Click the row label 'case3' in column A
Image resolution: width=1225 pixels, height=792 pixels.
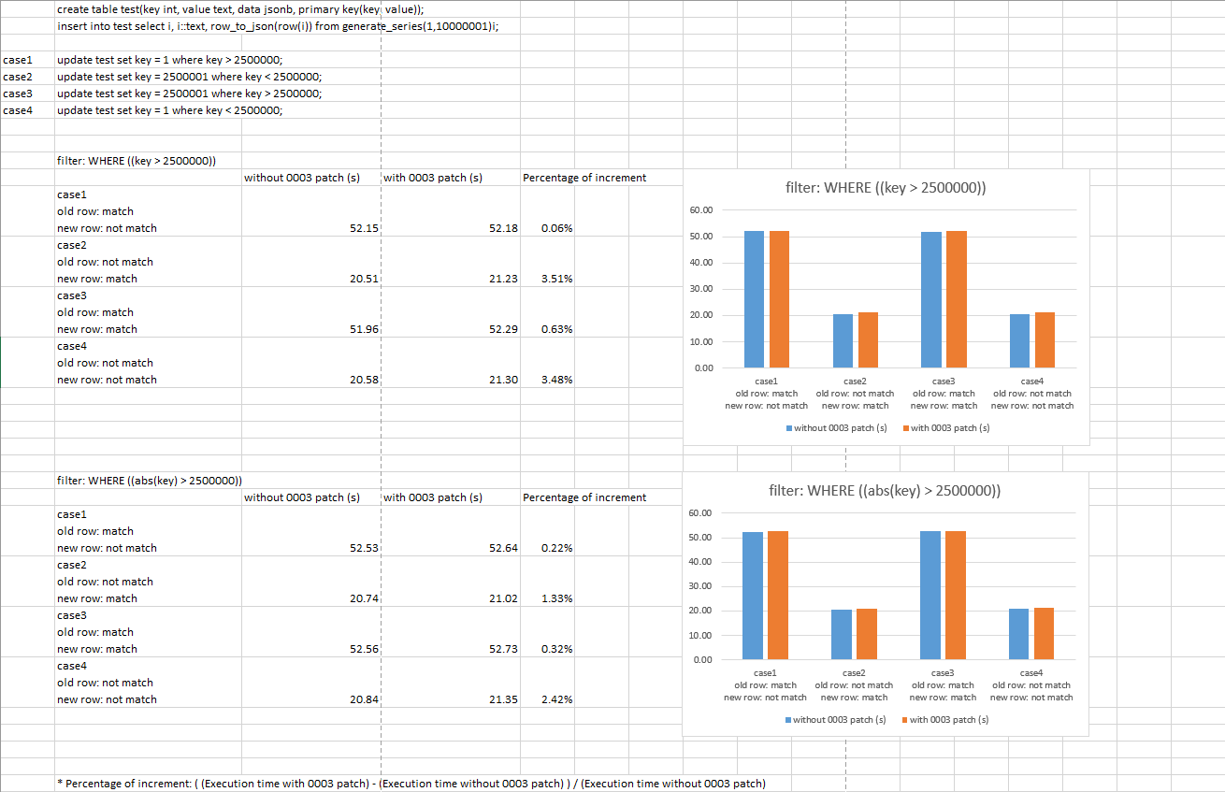18,94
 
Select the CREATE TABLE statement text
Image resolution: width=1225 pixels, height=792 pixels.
240,9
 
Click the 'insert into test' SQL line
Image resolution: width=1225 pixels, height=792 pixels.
278,26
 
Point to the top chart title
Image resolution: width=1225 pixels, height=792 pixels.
886,188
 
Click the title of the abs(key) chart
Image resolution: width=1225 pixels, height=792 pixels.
885,491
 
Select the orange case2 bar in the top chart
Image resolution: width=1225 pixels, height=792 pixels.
867,339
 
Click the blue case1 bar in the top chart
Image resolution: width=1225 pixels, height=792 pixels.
754,298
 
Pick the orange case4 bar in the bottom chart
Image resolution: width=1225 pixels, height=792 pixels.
1044,633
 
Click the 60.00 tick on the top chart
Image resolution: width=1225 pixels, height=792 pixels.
700,210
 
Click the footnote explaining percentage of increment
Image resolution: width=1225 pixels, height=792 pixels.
411,784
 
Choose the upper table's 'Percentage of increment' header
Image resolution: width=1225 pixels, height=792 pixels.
584,178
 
